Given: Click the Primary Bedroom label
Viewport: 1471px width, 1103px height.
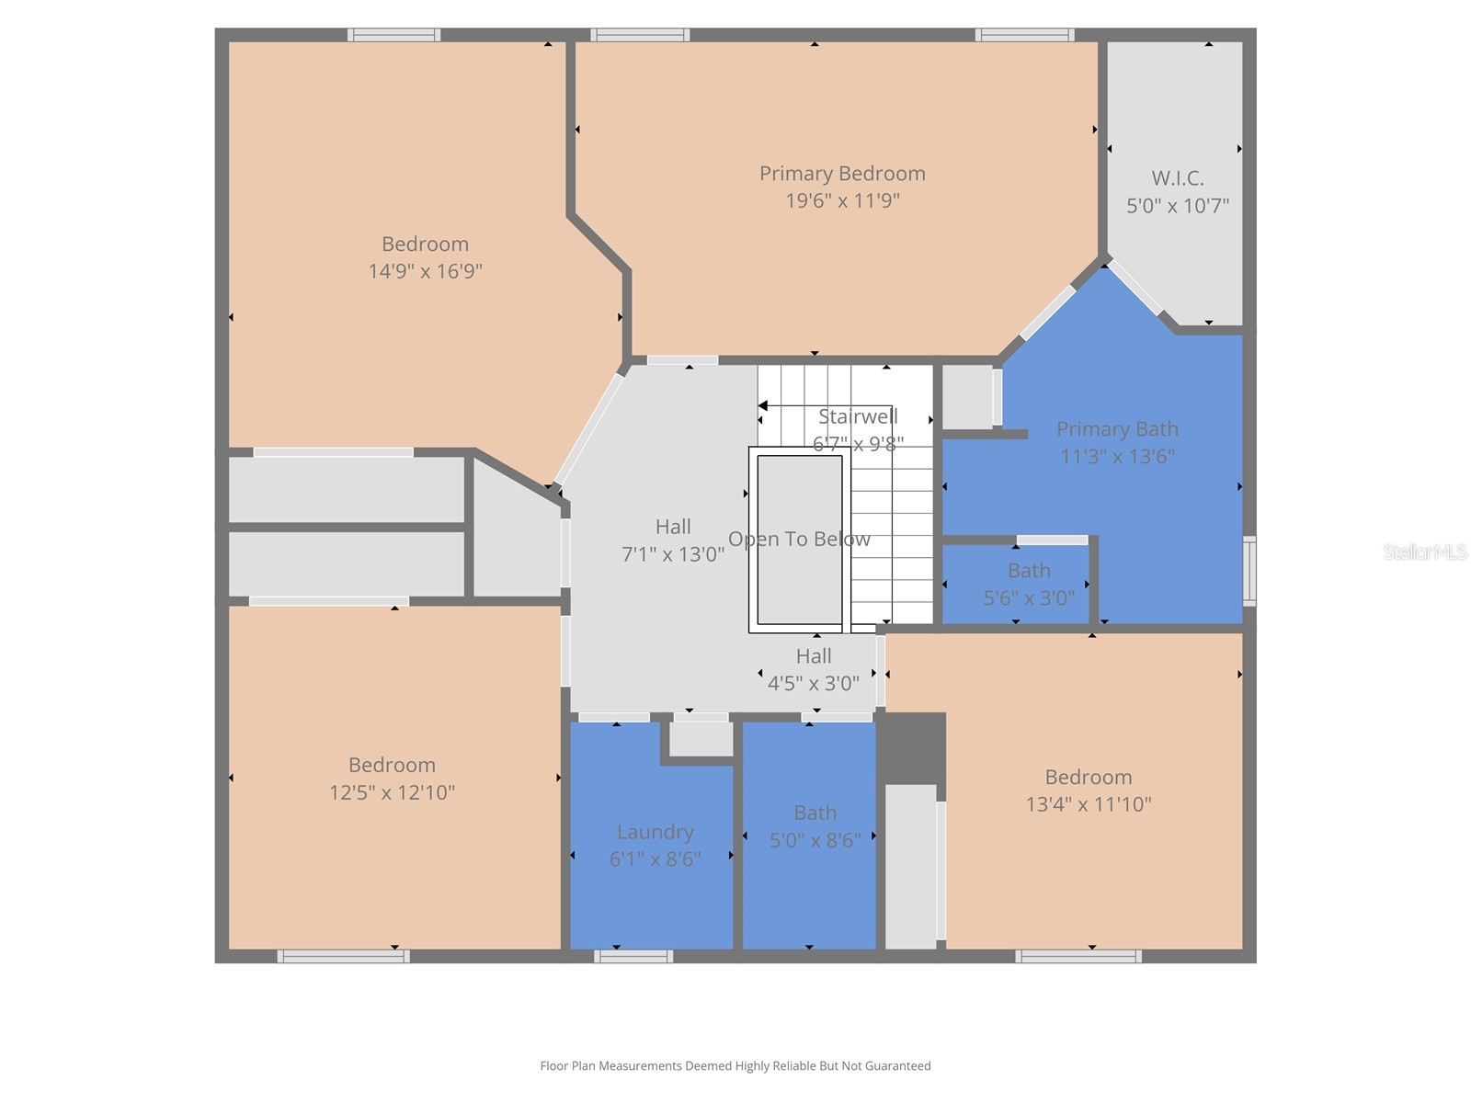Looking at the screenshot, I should click(842, 174).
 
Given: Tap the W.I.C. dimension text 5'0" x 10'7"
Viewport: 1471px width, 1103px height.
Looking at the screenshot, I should click(1178, 206).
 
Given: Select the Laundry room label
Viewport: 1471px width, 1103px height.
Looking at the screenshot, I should click(655, 832).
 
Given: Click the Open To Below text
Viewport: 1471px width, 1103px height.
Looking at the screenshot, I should click(799, 540).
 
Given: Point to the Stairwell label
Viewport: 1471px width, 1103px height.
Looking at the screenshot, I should click(858, 417).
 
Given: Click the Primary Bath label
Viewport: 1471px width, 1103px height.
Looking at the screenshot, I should click(1117, 429).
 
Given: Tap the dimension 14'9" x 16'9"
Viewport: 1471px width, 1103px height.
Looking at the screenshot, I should click(425, 271).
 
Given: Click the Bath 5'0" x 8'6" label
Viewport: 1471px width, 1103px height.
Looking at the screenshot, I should click(815, 813).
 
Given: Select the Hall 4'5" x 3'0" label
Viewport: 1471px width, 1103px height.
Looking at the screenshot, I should click(814, 656).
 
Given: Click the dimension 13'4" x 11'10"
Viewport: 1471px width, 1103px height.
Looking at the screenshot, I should click(1089, 804).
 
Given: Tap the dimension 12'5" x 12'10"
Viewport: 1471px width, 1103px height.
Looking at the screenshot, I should click(393, 792).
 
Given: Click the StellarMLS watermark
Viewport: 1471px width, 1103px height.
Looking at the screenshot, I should click(1424, 551).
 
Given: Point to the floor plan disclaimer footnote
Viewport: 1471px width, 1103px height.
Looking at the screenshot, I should click(735, 1066).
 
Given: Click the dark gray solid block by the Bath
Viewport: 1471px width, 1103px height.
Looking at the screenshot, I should click(911, 746).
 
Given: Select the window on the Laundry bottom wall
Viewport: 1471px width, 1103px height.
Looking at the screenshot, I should click(633, 956).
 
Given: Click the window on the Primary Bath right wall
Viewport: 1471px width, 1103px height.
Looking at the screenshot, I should click(1249, 571).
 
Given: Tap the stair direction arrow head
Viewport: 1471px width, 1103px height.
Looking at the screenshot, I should click(763, 405).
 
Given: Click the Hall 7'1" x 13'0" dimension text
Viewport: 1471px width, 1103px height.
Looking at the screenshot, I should click(673, 555).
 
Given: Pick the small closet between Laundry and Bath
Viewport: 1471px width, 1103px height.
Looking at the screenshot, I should click(701, 738).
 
